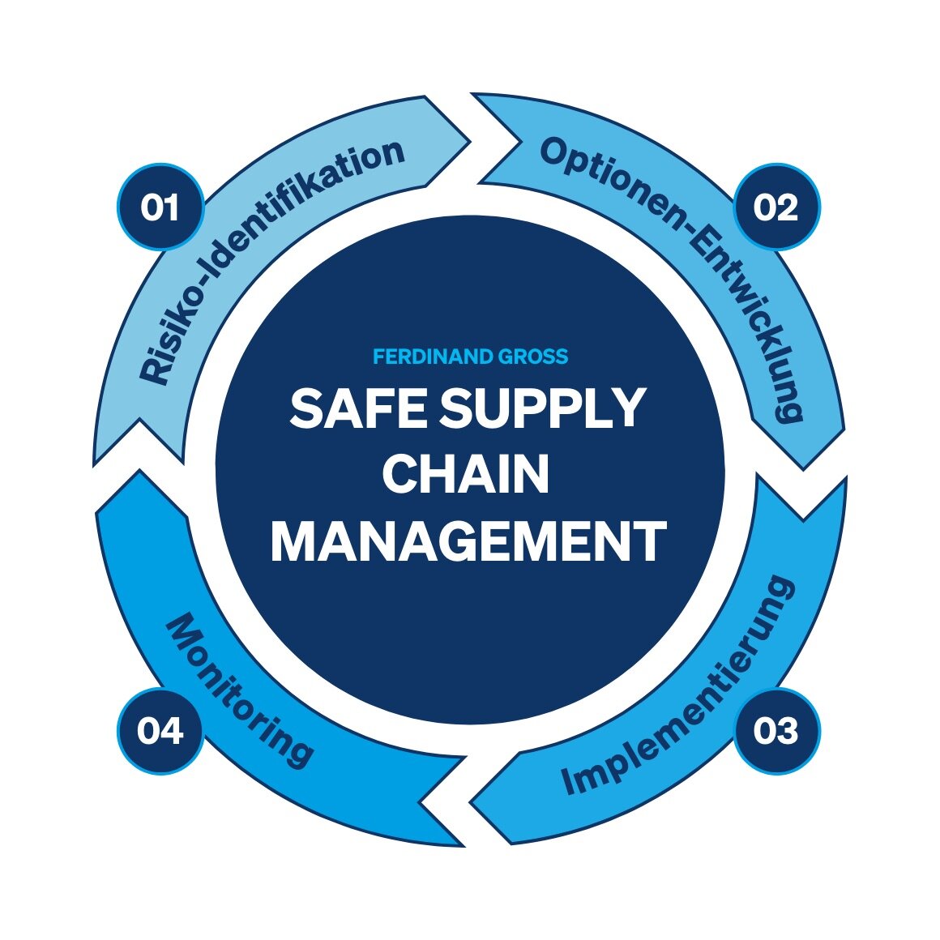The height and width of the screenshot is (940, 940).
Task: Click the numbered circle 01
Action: coord(160,207)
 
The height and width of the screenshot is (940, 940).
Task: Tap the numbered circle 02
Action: coord(776,207)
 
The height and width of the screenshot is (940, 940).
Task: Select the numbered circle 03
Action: coord(776,731)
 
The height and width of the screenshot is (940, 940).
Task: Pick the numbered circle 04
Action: coord(160,731)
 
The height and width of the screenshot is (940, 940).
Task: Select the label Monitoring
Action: coord(237,690)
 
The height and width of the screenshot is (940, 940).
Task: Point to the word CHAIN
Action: coord(466,473)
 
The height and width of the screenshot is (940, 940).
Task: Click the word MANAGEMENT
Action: coord(469,541)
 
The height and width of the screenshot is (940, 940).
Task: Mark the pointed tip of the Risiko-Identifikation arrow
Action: coord(470,142)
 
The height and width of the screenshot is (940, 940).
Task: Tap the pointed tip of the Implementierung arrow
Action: coord(470,801)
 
